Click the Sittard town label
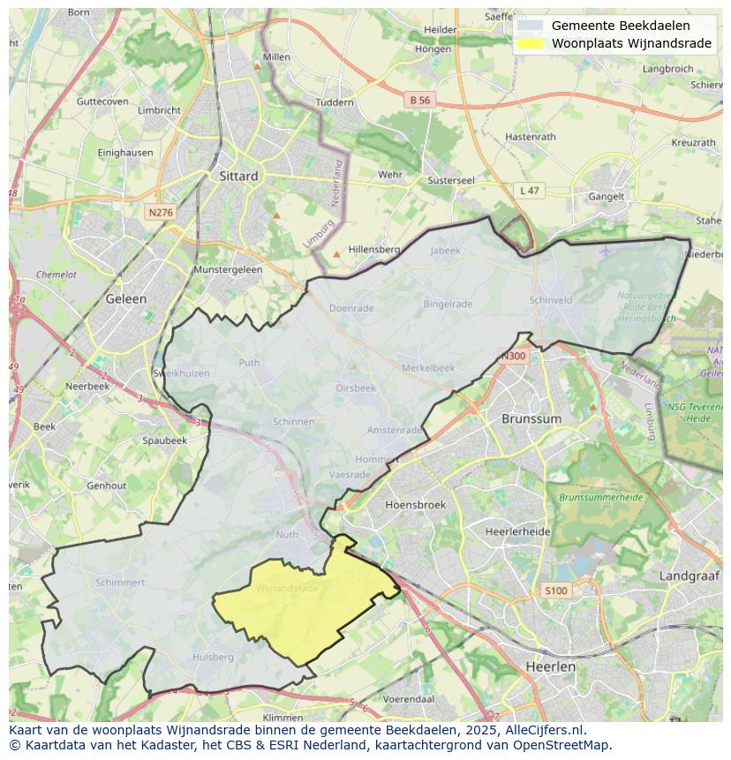[x=238, y=176]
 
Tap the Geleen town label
[x=125, y=298]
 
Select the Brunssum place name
[x=531, y=418]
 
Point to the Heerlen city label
[x=550, y=666]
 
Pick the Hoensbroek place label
[x=416, y=505]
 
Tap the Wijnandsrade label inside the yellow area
[x=287, y=588]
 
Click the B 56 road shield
[x=420, y=101]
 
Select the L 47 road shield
[x=529, y=191]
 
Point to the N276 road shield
[x=160, y=213]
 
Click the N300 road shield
[x=513, y=357]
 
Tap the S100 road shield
[x=555, y=591]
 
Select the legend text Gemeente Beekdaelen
[x=621, y=26]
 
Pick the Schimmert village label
[x=120, y=583]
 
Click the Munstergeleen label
[x=228, y=269]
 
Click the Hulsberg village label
[x=213, y=657]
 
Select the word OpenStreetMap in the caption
[x=562, y=744]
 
